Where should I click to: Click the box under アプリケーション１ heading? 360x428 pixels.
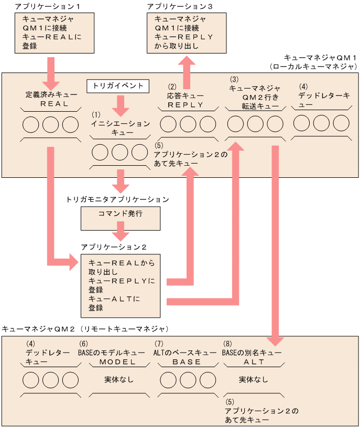point(51,33)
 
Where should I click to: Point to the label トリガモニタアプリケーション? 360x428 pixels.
point(117,199)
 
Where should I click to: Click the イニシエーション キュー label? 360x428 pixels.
point(120,129)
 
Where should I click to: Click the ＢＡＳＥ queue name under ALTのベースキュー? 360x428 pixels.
point(187,362)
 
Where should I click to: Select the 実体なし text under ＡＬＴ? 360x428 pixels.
point(254,379)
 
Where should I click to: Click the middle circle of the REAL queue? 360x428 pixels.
point(51,125)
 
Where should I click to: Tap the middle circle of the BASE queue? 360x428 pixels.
point(187,380)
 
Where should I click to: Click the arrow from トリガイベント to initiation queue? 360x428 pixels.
point(121,105)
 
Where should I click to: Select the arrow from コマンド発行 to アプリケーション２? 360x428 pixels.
point(121,232)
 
